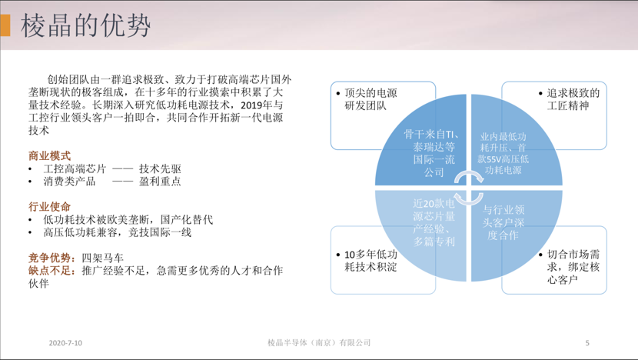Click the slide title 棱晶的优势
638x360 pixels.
click(x=86, y=25)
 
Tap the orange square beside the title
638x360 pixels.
click(x=5, y=25)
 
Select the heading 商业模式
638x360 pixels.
click(x=50, y=155)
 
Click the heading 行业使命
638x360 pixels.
click(x=50, y=206)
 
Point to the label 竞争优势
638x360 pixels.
click(x=50, y=258)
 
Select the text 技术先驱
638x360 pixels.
click(x=160, y=168)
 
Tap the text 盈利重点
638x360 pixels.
click(x=160, y=182)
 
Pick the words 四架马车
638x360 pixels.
click(x=102, y=258)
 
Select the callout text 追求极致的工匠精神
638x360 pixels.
click(x=573, y=99)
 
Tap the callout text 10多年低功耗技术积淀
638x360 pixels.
click(x=371, y=261)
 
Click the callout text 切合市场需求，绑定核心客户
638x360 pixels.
click(x=573, y=267)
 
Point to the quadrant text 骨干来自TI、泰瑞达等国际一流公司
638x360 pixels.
click(x=434, y=153)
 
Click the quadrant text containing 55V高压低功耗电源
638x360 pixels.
click(x=503, y=153)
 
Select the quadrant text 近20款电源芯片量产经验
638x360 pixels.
click(x=434, y=222)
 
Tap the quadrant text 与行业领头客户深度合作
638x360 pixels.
click(x=503, y=222)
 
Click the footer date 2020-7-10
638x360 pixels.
click(x=65, y=343)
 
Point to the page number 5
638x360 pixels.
click(x=587, y=343)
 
